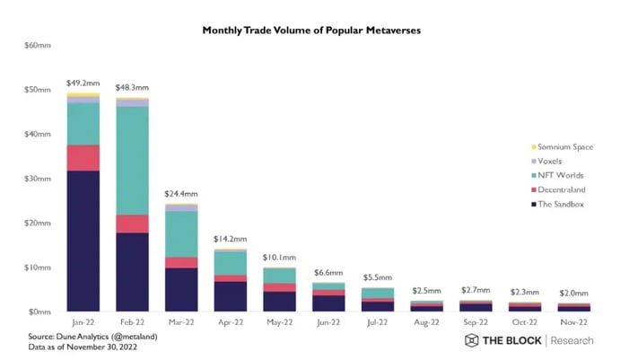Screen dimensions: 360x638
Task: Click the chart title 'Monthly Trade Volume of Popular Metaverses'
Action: click(x=311, y=31)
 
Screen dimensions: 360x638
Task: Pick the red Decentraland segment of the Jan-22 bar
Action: click(x=83, y=157)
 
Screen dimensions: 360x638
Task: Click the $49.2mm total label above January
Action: click(x=83, y=83)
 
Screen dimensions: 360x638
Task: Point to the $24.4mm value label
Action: click(x=180, y=194)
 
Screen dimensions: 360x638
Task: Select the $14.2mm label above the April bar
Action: click(x=230, y=239)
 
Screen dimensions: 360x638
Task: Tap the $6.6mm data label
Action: click(x=328, y=272)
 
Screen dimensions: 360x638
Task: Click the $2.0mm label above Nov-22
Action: click(x=573, y=293)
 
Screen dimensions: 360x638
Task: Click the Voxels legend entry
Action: click(x=550, y=161)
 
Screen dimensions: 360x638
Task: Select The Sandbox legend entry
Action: click(x=559, y=204)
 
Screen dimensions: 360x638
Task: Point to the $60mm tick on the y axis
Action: click(x=37, y=46)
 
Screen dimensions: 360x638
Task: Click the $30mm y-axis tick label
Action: click(x=37, y=179)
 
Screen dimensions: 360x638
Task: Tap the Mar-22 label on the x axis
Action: click(x=180, y=320)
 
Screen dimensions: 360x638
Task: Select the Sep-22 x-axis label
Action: click(x=475, y=320)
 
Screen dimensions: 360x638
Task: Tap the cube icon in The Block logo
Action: click(x=472, y=340)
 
